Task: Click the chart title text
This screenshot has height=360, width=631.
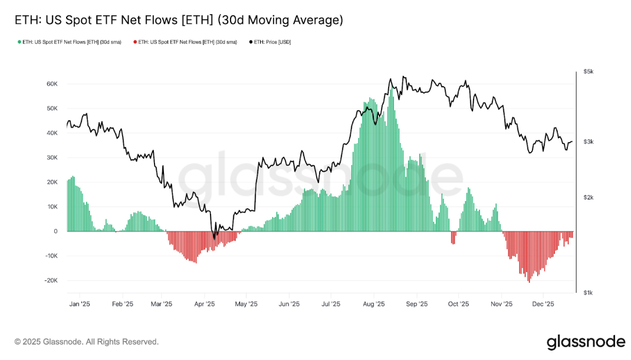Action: point(179,20)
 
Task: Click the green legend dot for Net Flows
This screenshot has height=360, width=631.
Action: point(19,42)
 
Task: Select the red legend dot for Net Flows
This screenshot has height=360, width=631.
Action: point(135,42)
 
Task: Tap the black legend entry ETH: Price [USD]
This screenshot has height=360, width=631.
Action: point(272,42)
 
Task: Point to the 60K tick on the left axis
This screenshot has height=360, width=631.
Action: point(51,84)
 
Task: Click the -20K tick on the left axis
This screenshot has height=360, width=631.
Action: point(50,280)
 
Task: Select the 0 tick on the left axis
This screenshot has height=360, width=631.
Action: point(55,231)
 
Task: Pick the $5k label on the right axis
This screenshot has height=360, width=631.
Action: point(588,71)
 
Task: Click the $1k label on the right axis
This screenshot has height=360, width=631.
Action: point(588,293)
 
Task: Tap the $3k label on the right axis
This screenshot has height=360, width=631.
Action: point(588,142)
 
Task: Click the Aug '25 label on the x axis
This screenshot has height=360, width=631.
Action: point(373,305)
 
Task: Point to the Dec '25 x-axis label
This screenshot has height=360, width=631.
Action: point(543,305)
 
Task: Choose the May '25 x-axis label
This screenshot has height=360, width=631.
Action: point(247,305)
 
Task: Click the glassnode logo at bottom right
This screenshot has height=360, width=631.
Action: point(585,342)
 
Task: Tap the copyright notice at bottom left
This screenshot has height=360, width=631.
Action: point(87,342)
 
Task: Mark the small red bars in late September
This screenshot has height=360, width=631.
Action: point(453,237)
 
